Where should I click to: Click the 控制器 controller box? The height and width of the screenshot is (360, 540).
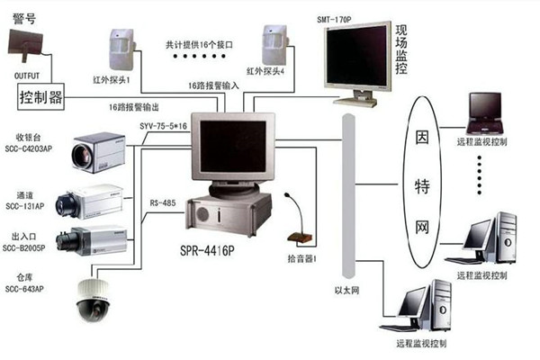[x=40, y=96]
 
